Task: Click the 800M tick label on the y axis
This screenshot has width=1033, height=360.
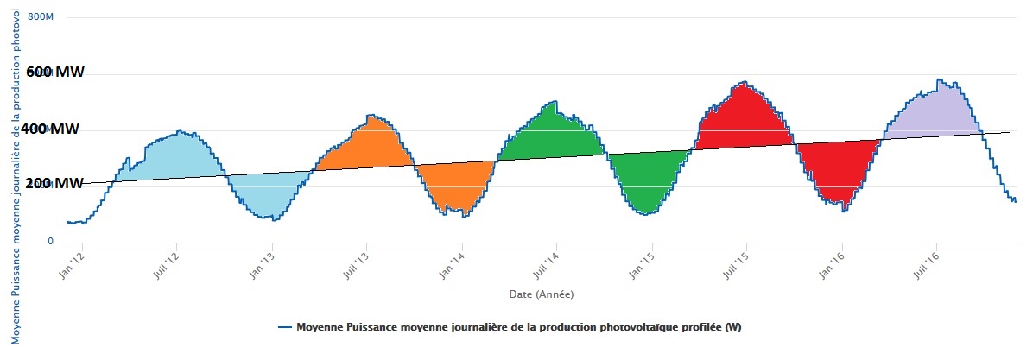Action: click(x=41, y=16)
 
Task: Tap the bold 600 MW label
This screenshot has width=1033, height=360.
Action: click(x=54, y=73)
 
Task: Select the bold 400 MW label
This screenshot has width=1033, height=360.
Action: click(x=52, y=129)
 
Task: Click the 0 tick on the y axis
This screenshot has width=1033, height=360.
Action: click(x=50, y=241)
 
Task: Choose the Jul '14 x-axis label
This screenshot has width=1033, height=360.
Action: click(x=543, y=259)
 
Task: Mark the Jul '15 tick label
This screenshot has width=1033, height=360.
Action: click(x=733, y=259)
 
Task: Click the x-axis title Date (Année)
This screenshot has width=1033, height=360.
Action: click(x=540, y=294)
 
